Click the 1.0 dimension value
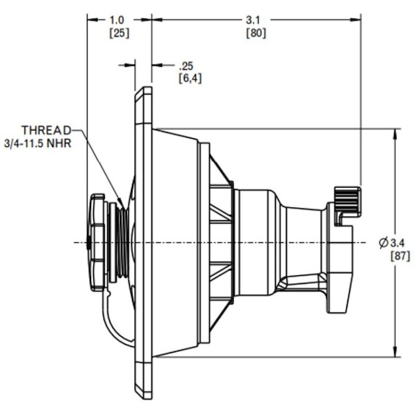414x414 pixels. (x=119, y=20)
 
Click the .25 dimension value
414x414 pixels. (x=186, y=66)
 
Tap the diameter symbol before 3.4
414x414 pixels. (x=384, y=242)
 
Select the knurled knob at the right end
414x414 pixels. (x=348, y=200)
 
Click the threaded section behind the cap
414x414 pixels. (x=121, y=241)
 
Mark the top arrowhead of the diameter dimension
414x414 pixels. (x=396, y=132)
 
